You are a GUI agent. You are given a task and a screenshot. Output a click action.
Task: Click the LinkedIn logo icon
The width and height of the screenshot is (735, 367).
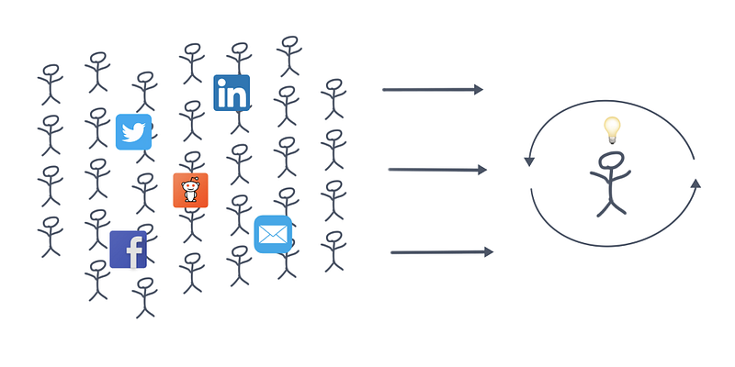click(x=232, y=93)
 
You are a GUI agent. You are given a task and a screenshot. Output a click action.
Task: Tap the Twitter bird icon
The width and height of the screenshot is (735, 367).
click(x=134, y=132)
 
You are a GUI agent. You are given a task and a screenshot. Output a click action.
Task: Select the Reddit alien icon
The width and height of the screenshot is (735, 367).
click(x=190, y=190)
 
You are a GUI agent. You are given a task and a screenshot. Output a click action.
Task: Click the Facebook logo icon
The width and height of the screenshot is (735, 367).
click(x=128, y=250)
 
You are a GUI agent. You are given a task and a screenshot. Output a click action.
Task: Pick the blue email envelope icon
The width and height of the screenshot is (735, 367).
click(x=273, y=235)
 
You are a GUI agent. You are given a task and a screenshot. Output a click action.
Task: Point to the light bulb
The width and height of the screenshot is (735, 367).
click(x=612, y=128)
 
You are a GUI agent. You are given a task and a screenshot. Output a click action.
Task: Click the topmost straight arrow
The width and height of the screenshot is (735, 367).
click(x=432, y=90)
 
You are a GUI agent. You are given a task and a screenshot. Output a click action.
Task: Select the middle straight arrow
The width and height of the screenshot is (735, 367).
click(x=437, y=170)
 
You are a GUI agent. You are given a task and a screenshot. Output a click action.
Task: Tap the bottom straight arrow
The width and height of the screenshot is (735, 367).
click(x=442, y=251)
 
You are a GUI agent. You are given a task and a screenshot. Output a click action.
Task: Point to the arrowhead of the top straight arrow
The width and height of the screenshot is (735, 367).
click(x=478, y=90)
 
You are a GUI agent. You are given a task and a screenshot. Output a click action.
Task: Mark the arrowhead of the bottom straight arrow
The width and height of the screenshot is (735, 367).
click(x=488, y=251)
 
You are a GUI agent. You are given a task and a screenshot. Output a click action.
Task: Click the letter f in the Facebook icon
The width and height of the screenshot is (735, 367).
click(x=134, y=251)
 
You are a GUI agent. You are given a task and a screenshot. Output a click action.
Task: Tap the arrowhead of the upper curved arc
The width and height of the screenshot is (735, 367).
click(x=529, y=161)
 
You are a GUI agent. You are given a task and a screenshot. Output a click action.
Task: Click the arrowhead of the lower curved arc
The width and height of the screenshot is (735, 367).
click(x=695, y=183)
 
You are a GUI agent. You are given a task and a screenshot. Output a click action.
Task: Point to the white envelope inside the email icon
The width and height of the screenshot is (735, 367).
click(x=273, y=236)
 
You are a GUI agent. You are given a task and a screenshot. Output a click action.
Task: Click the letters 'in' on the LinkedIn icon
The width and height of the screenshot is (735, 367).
click(x=232, y=95)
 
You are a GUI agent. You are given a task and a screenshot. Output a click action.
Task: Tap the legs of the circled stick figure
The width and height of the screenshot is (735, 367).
click(x=610, y=205)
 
